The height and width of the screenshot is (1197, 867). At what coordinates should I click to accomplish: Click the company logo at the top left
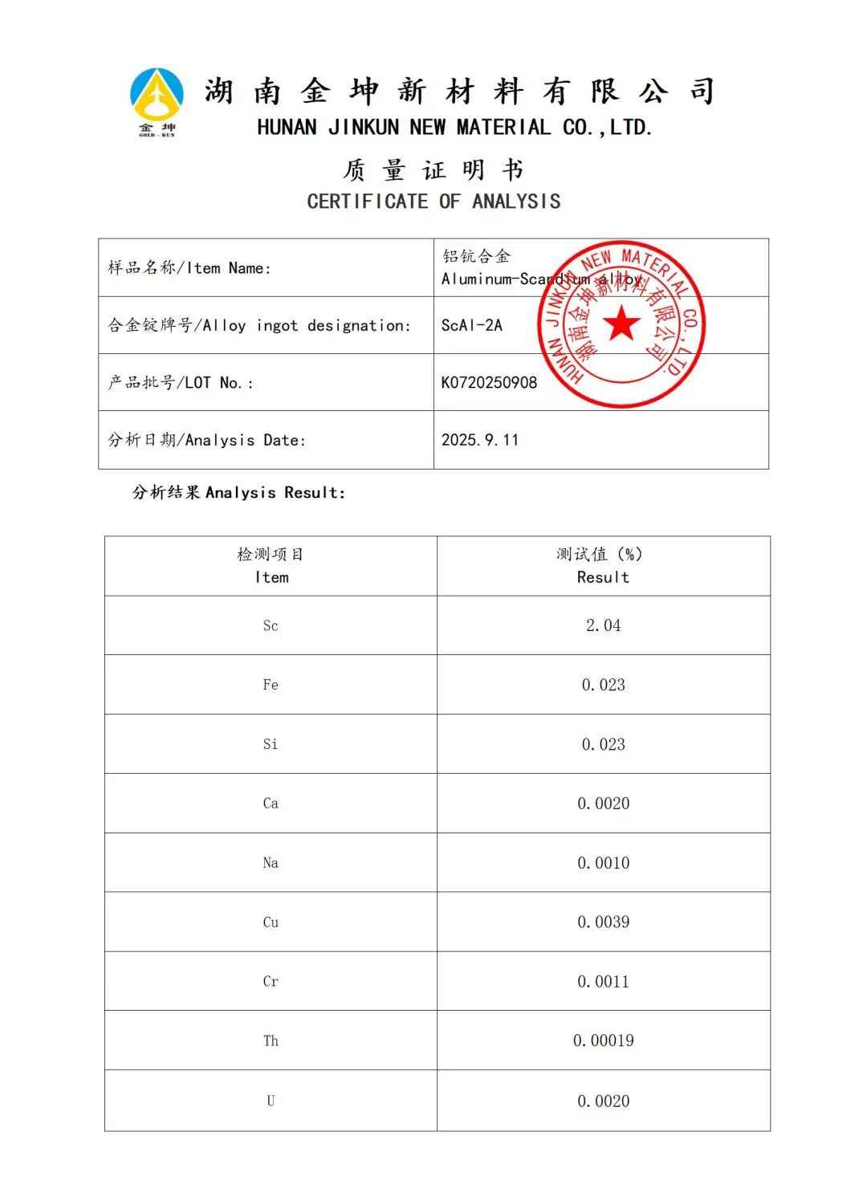click(x=157, y=101)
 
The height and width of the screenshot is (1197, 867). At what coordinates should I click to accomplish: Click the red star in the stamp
click(x=621, y=324)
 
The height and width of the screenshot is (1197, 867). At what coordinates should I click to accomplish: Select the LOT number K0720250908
click(x=489, y=382)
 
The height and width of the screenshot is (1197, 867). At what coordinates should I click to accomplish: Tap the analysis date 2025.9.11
click(x=479, y=440)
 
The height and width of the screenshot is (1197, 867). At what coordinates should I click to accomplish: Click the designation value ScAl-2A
click(x=471, y=325)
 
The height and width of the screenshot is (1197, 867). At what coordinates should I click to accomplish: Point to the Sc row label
click(x=271, y=625)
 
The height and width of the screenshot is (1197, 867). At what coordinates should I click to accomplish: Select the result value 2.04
click(x=603, y=625)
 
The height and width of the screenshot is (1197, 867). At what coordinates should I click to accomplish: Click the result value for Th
click(x=603, y=1040)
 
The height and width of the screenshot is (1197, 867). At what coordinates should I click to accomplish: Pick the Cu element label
click(x=271, y=922)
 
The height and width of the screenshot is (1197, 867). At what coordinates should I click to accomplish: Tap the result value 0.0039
click(x=603, y=922)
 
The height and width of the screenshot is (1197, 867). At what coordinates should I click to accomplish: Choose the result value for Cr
click(x=603, y=981)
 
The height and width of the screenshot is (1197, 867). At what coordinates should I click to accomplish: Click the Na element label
click(x=271, y=863)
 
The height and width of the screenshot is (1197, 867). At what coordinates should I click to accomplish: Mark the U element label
click(x=271, y=1101)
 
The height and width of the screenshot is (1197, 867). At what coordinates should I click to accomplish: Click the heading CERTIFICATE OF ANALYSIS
click(x=433, y=201)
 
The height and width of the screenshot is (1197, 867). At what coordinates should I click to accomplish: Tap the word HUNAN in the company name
click(x=287, y=127)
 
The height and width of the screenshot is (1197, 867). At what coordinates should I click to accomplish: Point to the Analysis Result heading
click(x=239, y=492)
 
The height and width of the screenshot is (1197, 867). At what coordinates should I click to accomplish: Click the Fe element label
click(x=271, y=685)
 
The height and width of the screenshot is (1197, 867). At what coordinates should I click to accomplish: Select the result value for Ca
click(x=603, y=804)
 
